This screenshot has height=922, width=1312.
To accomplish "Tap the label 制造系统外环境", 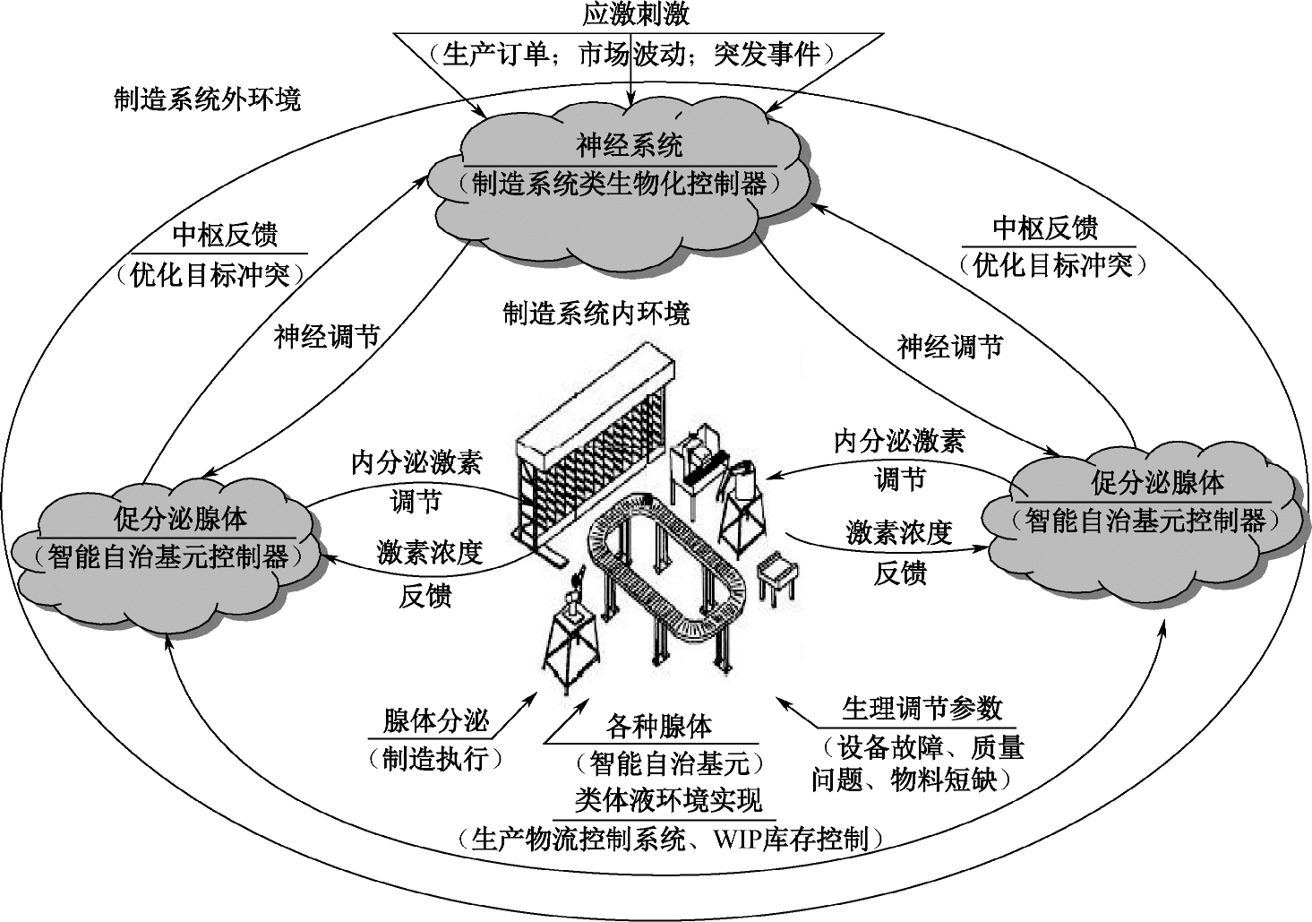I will [x=207, y=98].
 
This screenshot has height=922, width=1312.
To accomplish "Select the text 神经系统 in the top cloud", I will [x=630, y=144].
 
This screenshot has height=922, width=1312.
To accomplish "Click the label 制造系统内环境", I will [x=596, y=314].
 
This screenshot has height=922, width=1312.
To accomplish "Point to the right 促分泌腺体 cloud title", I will [x=1157, y=483].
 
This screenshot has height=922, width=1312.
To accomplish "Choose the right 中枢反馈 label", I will [x=1045, y=228].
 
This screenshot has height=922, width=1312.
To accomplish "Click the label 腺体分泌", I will [x=436, y=720].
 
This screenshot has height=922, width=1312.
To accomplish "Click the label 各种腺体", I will [x=659, y=726].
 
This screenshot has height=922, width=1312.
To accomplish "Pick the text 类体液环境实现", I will [x=668, y=799].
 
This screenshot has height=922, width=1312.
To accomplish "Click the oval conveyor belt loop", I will [x=666, y=564].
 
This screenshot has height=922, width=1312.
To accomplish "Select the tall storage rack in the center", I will [x=596, y=448].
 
